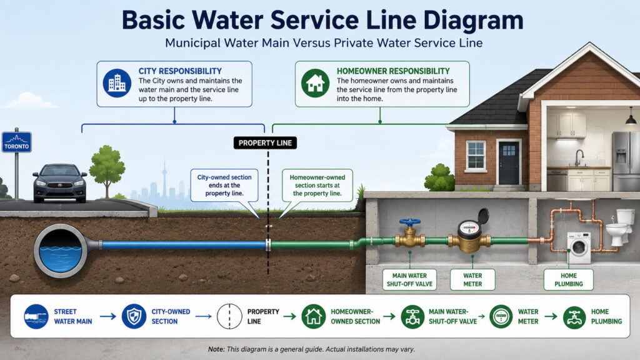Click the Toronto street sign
17,142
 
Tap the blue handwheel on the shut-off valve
410,222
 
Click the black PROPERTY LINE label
265,143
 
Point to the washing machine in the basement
579,247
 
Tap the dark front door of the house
509,163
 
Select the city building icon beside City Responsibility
117,83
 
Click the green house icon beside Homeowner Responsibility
315,83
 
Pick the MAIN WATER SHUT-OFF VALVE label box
409,279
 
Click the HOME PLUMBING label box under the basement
569,279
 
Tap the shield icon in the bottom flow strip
134,316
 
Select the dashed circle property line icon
229,316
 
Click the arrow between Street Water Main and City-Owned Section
108,316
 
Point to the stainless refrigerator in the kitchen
626,161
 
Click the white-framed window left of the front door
476,156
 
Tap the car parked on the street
59,183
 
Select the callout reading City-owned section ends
224,185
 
